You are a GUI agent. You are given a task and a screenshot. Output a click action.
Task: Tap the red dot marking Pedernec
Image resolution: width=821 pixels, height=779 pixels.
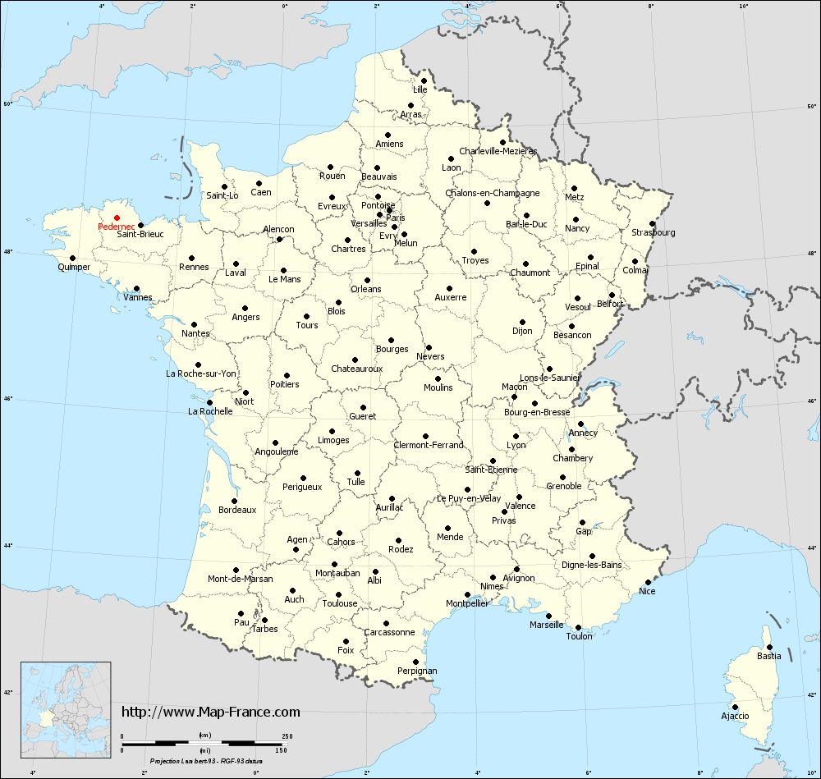pos(117,218)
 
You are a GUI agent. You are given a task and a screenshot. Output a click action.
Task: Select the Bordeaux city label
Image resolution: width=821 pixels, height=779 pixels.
pos(237,510)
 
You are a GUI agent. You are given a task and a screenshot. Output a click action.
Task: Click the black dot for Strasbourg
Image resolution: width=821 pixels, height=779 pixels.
pos(651,223)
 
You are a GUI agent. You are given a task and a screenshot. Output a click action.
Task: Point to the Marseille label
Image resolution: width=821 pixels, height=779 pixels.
pos(547,625)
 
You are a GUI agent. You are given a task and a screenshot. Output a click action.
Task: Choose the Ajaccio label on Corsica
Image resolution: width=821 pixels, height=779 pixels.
pos(735,716)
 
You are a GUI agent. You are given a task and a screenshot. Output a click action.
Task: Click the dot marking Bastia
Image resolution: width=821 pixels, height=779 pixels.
pos(768,647)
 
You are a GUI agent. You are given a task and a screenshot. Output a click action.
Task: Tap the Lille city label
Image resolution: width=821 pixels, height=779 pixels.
pos(420,89)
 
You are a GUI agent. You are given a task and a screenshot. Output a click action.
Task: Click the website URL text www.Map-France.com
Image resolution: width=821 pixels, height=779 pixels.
pos(211,712)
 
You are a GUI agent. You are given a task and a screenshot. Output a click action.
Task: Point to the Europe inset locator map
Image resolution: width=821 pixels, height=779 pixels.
pos(66,702)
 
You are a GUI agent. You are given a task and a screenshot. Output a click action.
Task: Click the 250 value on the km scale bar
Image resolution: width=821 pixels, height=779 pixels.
pos(287,735)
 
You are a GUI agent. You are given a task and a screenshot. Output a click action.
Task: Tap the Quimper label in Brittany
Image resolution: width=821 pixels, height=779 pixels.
pos(74,267)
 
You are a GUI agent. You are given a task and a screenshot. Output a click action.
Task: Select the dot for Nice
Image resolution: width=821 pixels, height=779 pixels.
pos(648,582)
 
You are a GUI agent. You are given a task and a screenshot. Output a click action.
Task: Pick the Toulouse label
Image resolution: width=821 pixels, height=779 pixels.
pos(340,603)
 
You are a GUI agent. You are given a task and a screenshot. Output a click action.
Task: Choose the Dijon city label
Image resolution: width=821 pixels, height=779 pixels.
pos(522,331)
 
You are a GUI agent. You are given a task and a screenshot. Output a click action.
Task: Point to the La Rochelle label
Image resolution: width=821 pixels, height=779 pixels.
pos(210,411)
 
